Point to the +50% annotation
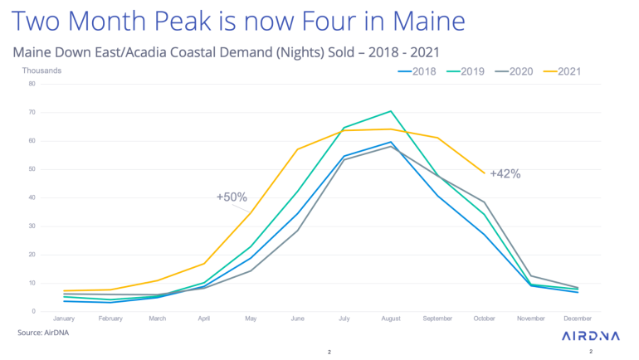232,197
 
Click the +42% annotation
505,174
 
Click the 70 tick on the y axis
31,112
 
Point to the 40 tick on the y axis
31,197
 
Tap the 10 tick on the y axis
31,283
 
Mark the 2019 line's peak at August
390,110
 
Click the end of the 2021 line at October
484,173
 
